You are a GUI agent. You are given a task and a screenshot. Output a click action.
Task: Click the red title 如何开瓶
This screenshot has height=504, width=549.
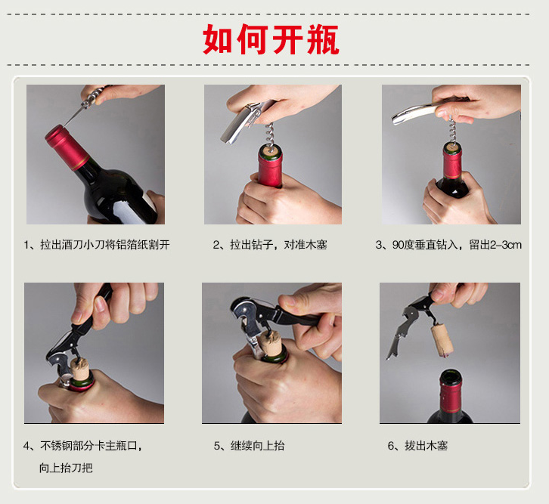(x=271, y=39)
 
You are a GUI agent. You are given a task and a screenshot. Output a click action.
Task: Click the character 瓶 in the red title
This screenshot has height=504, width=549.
(x=323, y=39)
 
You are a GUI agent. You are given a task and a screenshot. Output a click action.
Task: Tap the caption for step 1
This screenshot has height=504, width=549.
(x=97, y=245)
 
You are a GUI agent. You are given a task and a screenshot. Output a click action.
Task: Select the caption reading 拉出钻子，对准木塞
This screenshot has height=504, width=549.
(x=270, y=245)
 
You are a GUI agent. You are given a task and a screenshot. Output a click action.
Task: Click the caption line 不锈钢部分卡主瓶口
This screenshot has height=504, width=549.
(x=82, y=446)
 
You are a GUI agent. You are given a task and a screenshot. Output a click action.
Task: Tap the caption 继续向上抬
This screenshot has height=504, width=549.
(x=249, y=446)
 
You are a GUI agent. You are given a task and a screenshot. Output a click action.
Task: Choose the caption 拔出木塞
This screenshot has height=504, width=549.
(x=417, y=446)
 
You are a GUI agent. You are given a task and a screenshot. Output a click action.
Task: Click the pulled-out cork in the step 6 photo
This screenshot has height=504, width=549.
(x=442, y=341)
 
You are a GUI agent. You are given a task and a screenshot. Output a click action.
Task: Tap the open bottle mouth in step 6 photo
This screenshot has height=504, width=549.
(x=451, y=376)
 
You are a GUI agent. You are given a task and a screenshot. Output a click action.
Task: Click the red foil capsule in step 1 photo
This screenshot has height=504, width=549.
(x=67, y=147)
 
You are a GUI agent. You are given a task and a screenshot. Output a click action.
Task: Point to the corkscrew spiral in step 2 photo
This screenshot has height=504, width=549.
(x=270, y=135)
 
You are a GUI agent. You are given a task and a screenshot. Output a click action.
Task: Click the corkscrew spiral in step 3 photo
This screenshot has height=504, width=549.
(x=452, y=131)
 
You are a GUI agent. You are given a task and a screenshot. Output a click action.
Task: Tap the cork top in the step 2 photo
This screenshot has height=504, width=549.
(x=271, y=150)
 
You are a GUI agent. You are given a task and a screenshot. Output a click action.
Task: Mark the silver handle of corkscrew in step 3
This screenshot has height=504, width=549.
(x=417, y=112)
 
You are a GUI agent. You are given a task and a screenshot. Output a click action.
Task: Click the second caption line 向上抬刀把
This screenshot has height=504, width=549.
(x=66, y=468)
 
